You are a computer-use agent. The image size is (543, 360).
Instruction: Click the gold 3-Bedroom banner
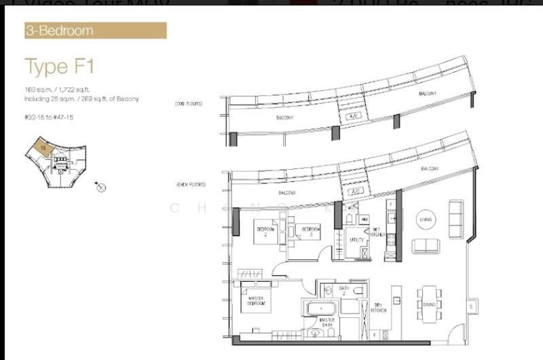pos(95,31)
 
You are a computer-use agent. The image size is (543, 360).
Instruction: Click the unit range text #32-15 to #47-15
pos(52,116)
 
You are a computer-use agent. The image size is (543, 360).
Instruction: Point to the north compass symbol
pos(101,187)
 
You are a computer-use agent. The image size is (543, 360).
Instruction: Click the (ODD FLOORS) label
pos(189,105)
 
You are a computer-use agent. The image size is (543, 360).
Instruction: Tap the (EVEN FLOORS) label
pos(190,184)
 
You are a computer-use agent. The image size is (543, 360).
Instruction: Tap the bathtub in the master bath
pos(316,309)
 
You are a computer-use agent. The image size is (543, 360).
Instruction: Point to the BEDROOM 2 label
pos(264,230)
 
